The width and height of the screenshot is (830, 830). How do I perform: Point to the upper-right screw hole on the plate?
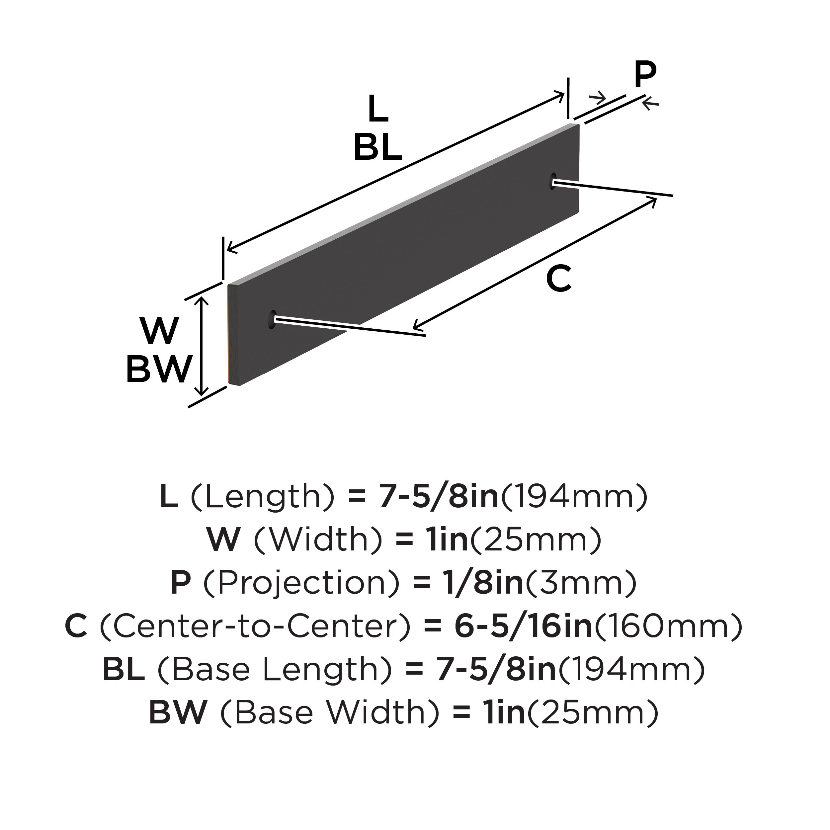(x=552, y=181)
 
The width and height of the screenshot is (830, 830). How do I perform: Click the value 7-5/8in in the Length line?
(x=438, y=497)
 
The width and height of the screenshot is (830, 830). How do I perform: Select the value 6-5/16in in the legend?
(x=524, y=627)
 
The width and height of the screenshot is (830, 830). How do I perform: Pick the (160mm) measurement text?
(x=668, y=627)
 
